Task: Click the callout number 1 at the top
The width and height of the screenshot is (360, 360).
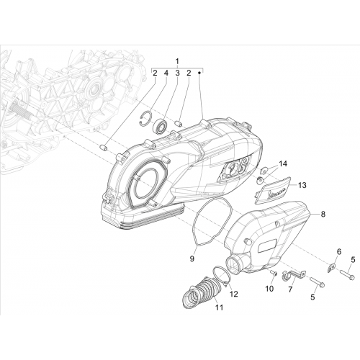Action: (x=177, y=61)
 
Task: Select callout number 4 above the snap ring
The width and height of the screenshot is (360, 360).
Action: (x=166, y=73)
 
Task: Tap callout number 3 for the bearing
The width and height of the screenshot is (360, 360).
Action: (x=177, y=73)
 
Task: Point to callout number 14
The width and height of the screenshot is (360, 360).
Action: (x=283, y=164)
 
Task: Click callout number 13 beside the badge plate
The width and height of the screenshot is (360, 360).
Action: (x=302, y=185)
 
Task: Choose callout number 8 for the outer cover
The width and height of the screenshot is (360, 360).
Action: (x=323, y=214)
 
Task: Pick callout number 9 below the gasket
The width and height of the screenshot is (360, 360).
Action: (x=192, y=259)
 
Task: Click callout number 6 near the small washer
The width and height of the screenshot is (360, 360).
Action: (x=339, y=252)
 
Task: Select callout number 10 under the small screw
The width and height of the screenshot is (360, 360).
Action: (x=269, y=289)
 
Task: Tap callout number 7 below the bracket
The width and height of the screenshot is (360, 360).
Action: (x=290, y=289)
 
